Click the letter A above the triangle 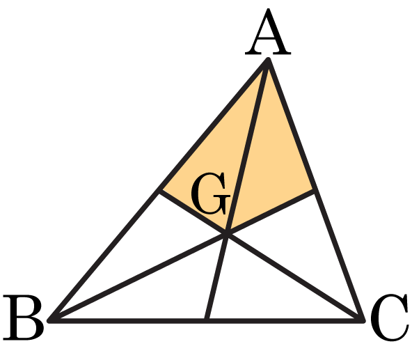point(268,32)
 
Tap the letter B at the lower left point(24,318)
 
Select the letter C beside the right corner point(389,318)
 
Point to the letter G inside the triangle point(210,194)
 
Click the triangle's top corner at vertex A point(268,61)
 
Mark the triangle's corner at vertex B point(50,320)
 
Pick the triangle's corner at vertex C point(363,320)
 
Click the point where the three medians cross point(227,233)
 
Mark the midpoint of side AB point(159,190)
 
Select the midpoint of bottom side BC point(207,320)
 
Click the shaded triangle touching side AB point(218,162)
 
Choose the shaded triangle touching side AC point(270,162)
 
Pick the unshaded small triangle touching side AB point(145,248)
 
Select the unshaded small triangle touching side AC point(301,248)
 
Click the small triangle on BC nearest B point(161,292)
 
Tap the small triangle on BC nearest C point(265,292)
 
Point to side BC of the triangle point(207,320)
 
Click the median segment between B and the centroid point(138,277)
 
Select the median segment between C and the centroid point(295,277)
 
